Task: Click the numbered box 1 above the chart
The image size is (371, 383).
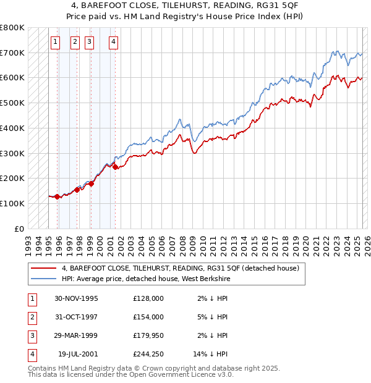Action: (x=55, y=42)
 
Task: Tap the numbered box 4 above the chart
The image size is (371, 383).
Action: (x=114, y=42)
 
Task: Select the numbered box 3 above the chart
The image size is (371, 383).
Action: (x=89, y=42)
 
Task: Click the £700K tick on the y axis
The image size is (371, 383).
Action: (x=12, y=53)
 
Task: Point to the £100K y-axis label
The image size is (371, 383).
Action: (x=12, y=203)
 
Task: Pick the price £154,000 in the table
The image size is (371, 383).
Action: (x=148, y=317)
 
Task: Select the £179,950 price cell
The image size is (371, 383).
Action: (x=148, y=335)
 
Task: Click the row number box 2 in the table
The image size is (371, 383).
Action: (x=32, y=317)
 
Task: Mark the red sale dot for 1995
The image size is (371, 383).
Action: (x=58, y=196)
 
